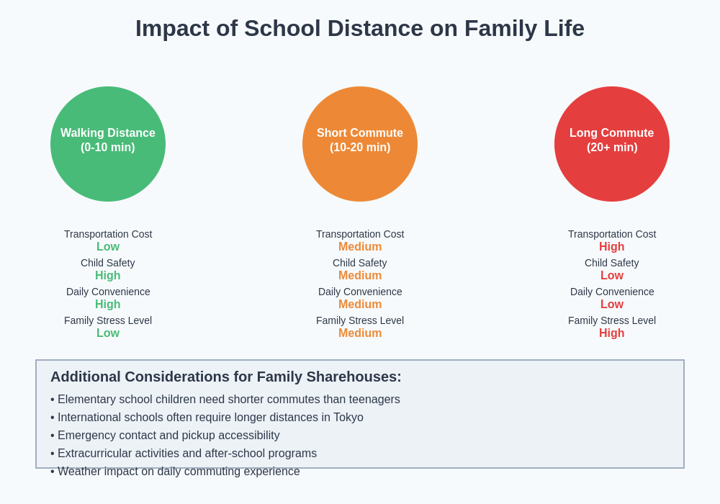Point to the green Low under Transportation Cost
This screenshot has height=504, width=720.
[x=108, y=247]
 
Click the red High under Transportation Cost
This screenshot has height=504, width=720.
[x=612, y=247]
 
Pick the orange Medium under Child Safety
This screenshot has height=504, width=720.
[x=360, y=276]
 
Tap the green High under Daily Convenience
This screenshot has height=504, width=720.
[x=108, y=305]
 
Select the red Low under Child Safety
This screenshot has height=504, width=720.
[x=612, y=276]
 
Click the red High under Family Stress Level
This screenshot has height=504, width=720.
[x=612, y=333]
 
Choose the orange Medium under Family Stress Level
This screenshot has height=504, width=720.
[x=360, y=333]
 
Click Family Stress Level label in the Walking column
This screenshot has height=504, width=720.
[x=108, y=320]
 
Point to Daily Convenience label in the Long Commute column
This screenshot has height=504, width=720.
[x=612, y=292]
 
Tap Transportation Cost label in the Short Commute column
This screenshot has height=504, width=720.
[x=360, y=234]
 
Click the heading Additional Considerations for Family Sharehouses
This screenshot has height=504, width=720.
[x=225, y=377]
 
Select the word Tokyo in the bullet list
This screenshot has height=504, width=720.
[x=346, y=418]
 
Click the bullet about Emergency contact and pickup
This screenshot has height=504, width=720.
[x=168, y=436]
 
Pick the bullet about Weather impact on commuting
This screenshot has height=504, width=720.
[x=179, y=472]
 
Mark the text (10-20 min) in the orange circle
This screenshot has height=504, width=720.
[x=360, y=148]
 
